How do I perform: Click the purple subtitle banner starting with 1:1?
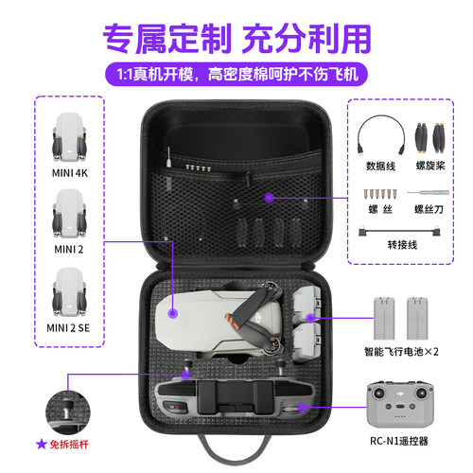click(x=236, y=71)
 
